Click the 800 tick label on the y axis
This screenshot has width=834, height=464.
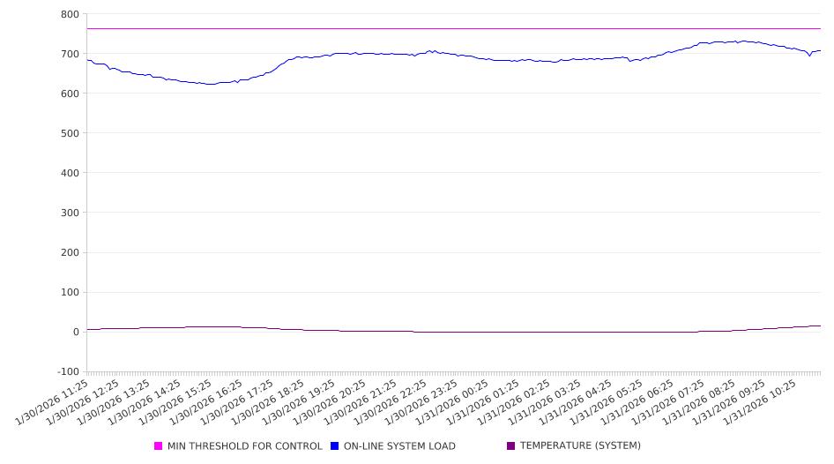(69, 14)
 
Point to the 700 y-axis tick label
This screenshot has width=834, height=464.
(69, 54)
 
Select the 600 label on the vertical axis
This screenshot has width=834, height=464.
(69, 94)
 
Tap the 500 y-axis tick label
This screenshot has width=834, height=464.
(69, 133)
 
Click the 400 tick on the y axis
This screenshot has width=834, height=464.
(69, 173)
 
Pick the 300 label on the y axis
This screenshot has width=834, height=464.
(69, 213)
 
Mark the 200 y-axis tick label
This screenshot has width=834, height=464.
(69, 252)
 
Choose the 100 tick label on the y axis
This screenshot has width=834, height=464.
(69, 292)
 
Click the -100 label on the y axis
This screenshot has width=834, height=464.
(67, 371)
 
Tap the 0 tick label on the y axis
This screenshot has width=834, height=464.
(75, 332)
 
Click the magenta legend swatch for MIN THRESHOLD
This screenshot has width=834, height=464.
(159, 446)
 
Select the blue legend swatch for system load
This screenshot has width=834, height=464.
(335, 446)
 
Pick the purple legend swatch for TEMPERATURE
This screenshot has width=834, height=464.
(511, 446)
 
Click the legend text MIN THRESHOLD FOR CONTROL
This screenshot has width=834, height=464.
(245, 446)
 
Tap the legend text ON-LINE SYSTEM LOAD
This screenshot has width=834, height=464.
(399, 446)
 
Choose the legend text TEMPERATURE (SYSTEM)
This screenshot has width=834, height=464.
(580, 446)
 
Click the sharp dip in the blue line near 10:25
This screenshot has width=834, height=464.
(809, 56)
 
